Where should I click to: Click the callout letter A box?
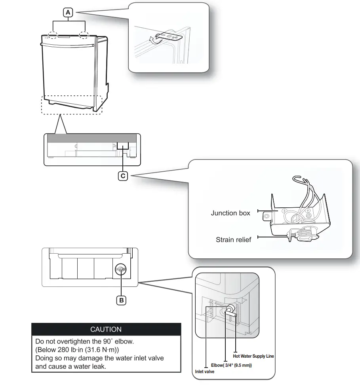[x=69, y=13]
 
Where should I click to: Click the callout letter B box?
[x=121, y=300]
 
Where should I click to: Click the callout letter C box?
[x=123, y=176]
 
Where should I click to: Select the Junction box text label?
[x=230, y=213]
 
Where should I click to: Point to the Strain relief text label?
[x=233, y=240]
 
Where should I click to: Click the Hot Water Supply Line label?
[x=253, y=356]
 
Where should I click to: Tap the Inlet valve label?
[x=204, y=372]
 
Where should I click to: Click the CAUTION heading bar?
[x=106, y=329]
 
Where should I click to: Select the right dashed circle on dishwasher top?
[x=84, y=35]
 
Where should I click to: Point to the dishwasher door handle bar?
[x=68, y=44]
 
